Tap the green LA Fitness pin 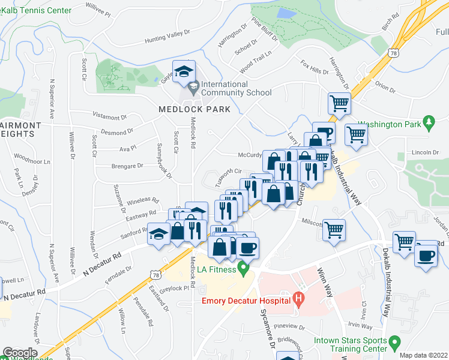pos(243,268)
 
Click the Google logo pos(19,353)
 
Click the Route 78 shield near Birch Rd pos(393,52)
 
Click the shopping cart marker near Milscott pos(334,229)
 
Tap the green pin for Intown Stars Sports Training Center pos(394,343)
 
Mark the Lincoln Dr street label pos(427,152)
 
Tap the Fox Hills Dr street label pos(314,66)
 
